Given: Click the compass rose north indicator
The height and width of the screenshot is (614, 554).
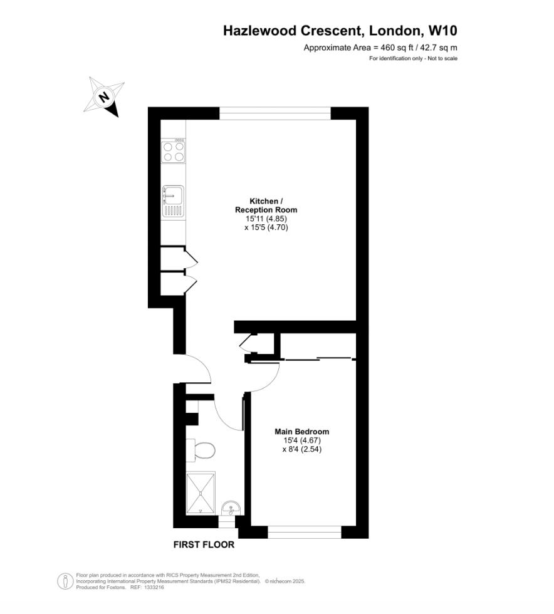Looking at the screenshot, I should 103,96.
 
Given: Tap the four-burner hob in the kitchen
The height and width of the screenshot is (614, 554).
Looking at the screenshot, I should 174,151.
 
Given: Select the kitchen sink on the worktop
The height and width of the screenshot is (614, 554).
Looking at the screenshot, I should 173,201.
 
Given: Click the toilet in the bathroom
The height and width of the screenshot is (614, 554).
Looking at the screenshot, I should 202,450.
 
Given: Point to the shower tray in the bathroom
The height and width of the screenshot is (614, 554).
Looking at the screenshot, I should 201,493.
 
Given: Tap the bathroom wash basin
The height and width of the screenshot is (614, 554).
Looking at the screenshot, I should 231,507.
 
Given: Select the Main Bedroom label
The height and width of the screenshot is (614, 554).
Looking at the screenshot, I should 302,431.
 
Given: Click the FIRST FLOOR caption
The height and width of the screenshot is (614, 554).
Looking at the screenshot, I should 204,544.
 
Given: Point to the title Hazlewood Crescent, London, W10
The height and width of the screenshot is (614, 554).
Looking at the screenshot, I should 345,30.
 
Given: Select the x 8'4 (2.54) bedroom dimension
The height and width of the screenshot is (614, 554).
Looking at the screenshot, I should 302,449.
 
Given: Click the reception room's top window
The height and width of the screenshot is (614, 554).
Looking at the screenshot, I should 274,113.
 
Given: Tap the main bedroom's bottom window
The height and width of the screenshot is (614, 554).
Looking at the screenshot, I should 304,532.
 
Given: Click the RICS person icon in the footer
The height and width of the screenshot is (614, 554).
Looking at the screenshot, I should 64,581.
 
